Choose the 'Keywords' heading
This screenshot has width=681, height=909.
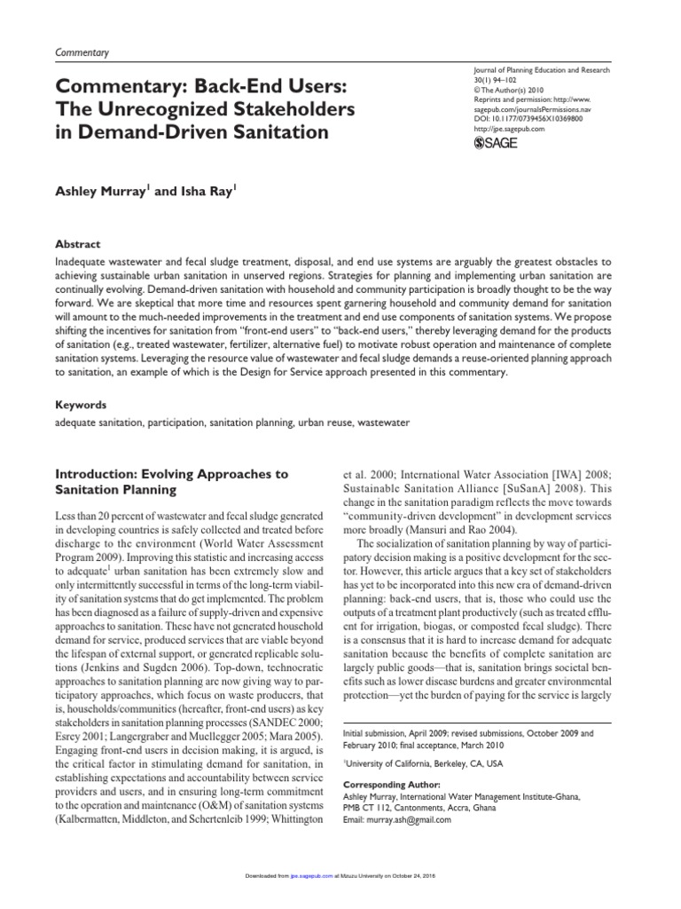click(82, 404)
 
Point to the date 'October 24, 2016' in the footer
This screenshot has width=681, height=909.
click(423, 876)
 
